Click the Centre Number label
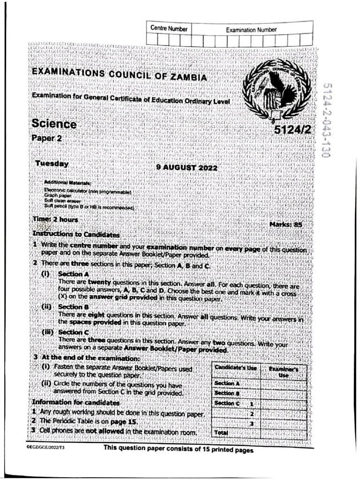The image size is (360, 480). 169,29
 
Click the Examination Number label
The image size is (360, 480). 251,30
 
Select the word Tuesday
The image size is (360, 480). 52,164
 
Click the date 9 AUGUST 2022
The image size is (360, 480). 187,168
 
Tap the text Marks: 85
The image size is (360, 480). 286,225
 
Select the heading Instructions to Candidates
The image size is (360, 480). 75,233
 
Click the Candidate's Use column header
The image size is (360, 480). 235,368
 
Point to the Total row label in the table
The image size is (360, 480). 221,432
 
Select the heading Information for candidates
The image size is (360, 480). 75,403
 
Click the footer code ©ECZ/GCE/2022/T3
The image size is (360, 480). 45,450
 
